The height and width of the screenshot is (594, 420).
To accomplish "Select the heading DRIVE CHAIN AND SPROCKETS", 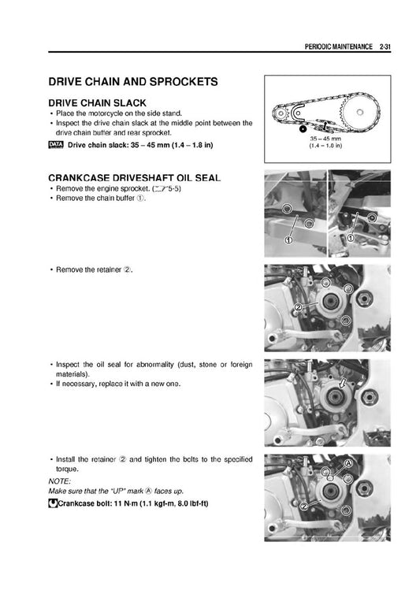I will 133,82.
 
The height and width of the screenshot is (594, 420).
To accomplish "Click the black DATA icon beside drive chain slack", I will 56,145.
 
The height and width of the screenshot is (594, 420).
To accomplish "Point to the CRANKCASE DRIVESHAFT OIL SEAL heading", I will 134,178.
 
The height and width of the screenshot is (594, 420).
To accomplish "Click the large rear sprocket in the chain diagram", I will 359,112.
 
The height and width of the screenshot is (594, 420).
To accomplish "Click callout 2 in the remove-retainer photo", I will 298,306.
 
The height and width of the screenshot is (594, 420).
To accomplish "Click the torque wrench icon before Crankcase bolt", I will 53,503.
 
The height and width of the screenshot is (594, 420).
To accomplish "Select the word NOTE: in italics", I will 60,481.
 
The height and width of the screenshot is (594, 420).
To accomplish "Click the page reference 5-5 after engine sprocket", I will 174,188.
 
